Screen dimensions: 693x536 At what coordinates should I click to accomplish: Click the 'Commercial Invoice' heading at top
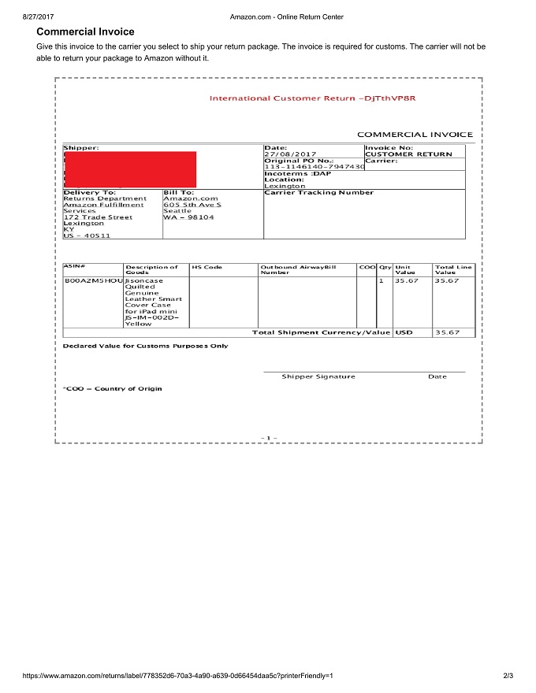pyautogui.click(x=85, y=31)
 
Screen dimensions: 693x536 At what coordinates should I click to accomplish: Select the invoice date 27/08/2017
pyautogui.click(x=290, y=154)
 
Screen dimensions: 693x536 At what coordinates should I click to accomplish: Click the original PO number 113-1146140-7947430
pyautogui.click(x=314, y=167)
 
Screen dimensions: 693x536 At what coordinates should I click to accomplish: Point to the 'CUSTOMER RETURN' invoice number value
pyautogui.click(x=408, y=154)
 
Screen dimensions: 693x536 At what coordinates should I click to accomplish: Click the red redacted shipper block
pyautogui.click(x=130, y=169)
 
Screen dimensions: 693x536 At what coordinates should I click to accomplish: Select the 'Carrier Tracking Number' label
pyautogui.click(x=318, y=192)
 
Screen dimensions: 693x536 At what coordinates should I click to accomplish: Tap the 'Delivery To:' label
pyautogui.click(x=90, y=192)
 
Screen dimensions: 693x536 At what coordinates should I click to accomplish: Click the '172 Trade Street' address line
pyautogui.click(x=98, y=217)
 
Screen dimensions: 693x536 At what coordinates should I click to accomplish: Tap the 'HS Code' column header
pyautogui.click(x=207, y=267)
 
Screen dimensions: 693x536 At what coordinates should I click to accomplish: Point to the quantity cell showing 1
pyautogui.click(x=381, y=280)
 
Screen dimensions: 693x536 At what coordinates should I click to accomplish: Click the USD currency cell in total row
pyautogui.click(x=404, y=332)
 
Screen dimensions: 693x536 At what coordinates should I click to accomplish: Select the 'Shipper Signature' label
pyautogui.click(x=318, y=376)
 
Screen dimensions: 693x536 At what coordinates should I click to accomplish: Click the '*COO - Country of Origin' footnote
pyautogui.click(x=112, y=389)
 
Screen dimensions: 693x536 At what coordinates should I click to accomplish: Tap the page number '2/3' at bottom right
pyautogui.click(x=508, y=676)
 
